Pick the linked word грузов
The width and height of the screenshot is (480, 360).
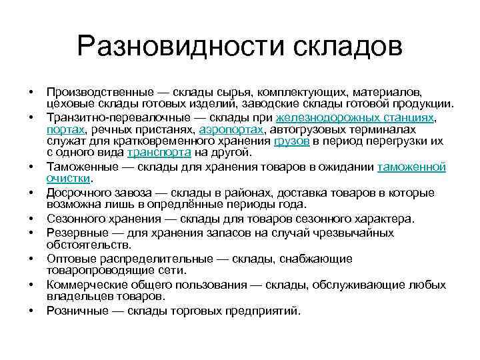point(292,141)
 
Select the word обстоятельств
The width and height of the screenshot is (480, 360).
point(89,245)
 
